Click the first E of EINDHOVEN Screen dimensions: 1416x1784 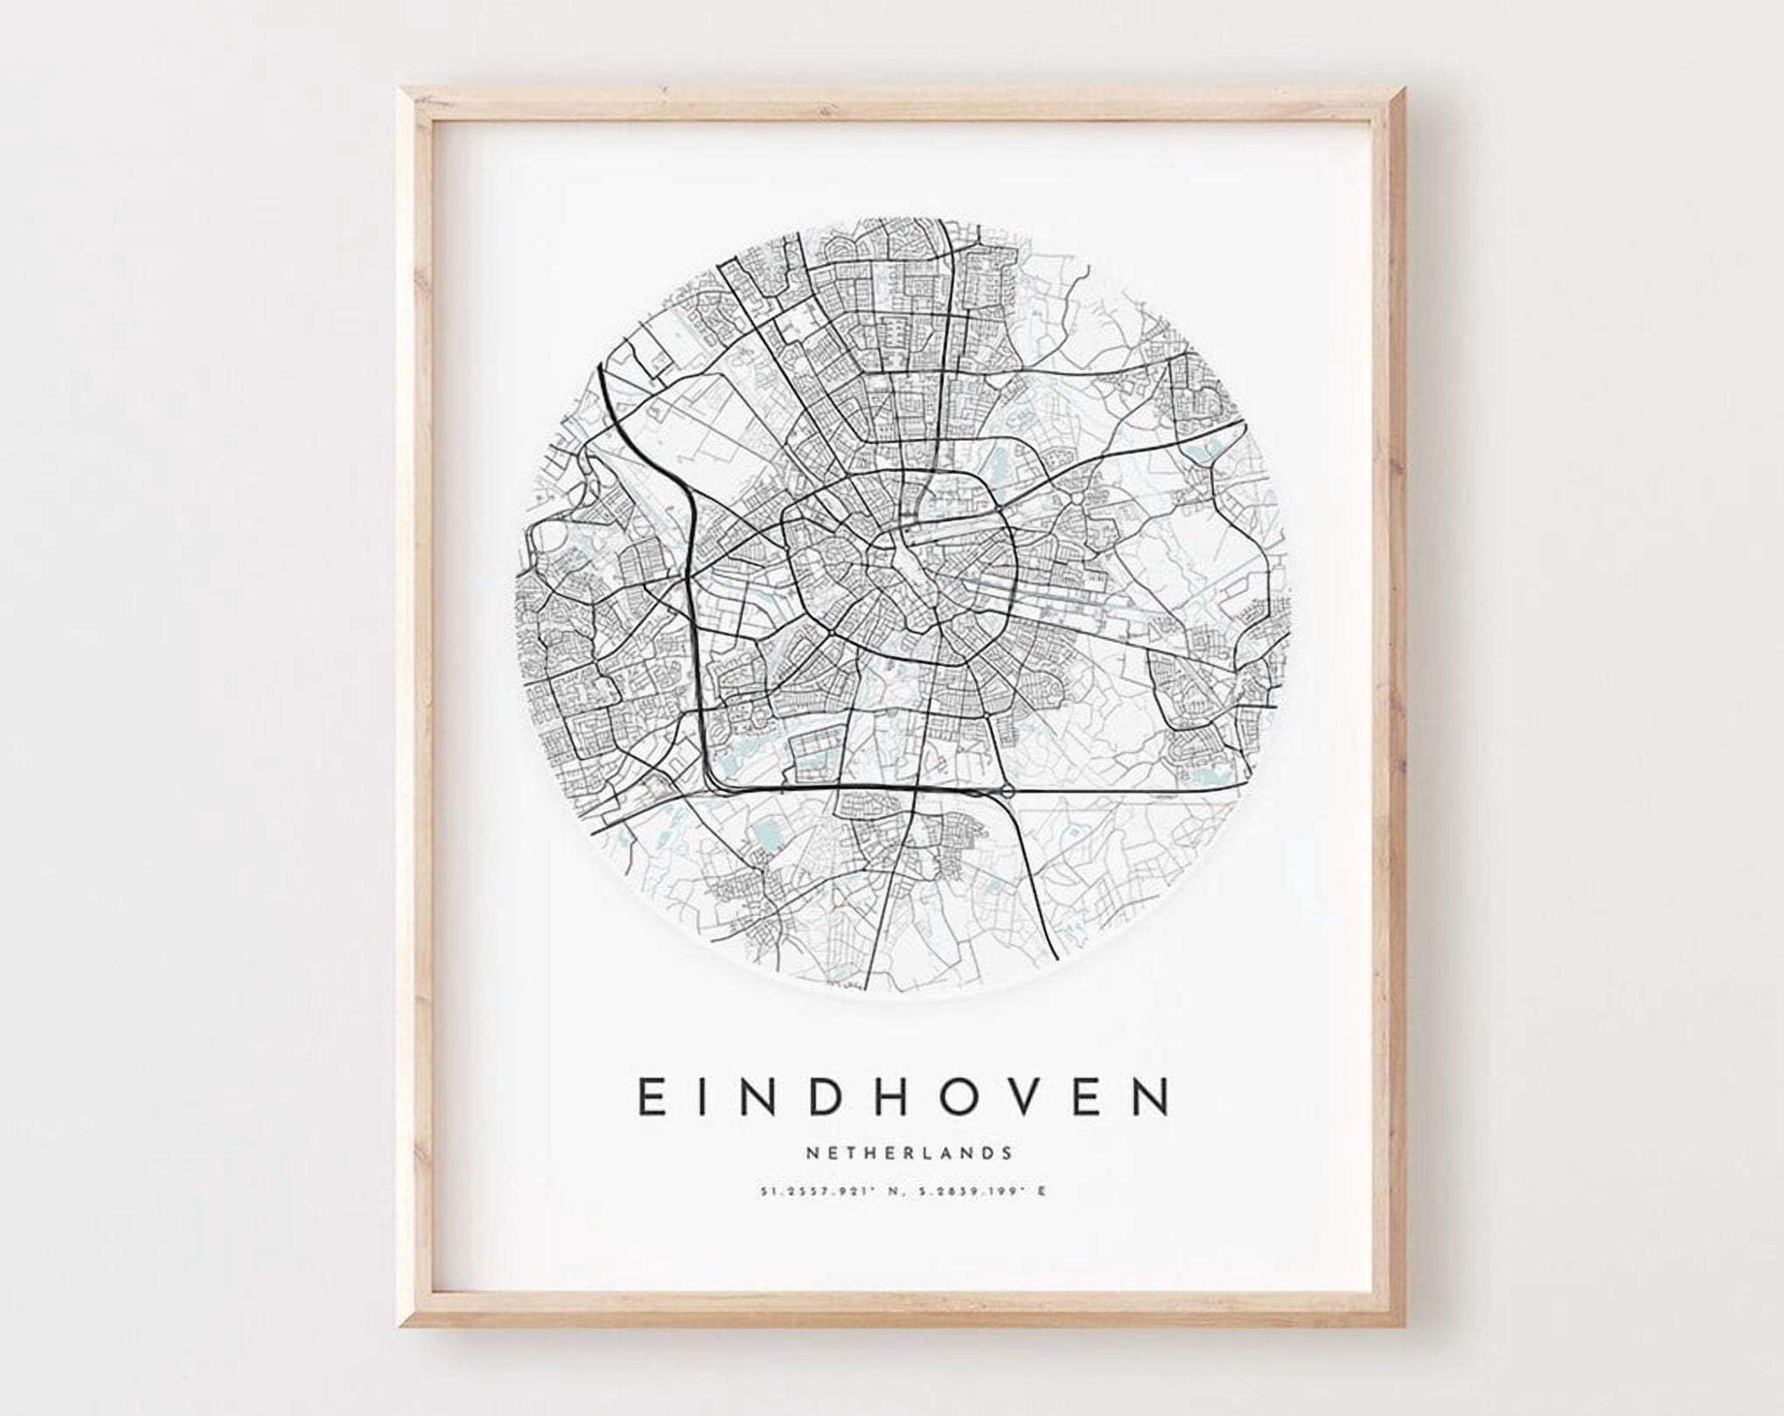coord(652,1097)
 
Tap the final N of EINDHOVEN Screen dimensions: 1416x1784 coord(1153,1097)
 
